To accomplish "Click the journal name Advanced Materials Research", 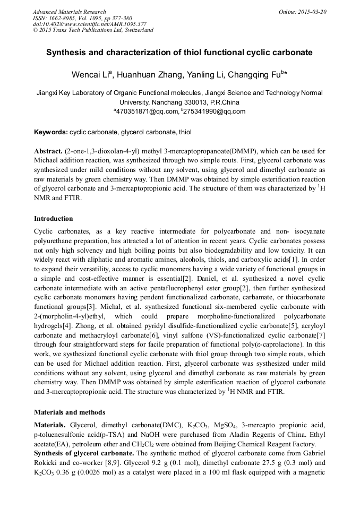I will click(x=69, y=12).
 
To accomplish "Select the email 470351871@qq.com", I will click(x=147, y=111).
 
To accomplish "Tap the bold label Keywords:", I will click(x=51, y=132).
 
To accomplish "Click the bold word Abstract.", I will click(x=49, y=151).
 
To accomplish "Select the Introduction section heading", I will click(x=54, y=218).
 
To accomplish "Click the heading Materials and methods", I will click(x=70, y=412).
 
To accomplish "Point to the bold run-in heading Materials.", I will click(x=50, y=425).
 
